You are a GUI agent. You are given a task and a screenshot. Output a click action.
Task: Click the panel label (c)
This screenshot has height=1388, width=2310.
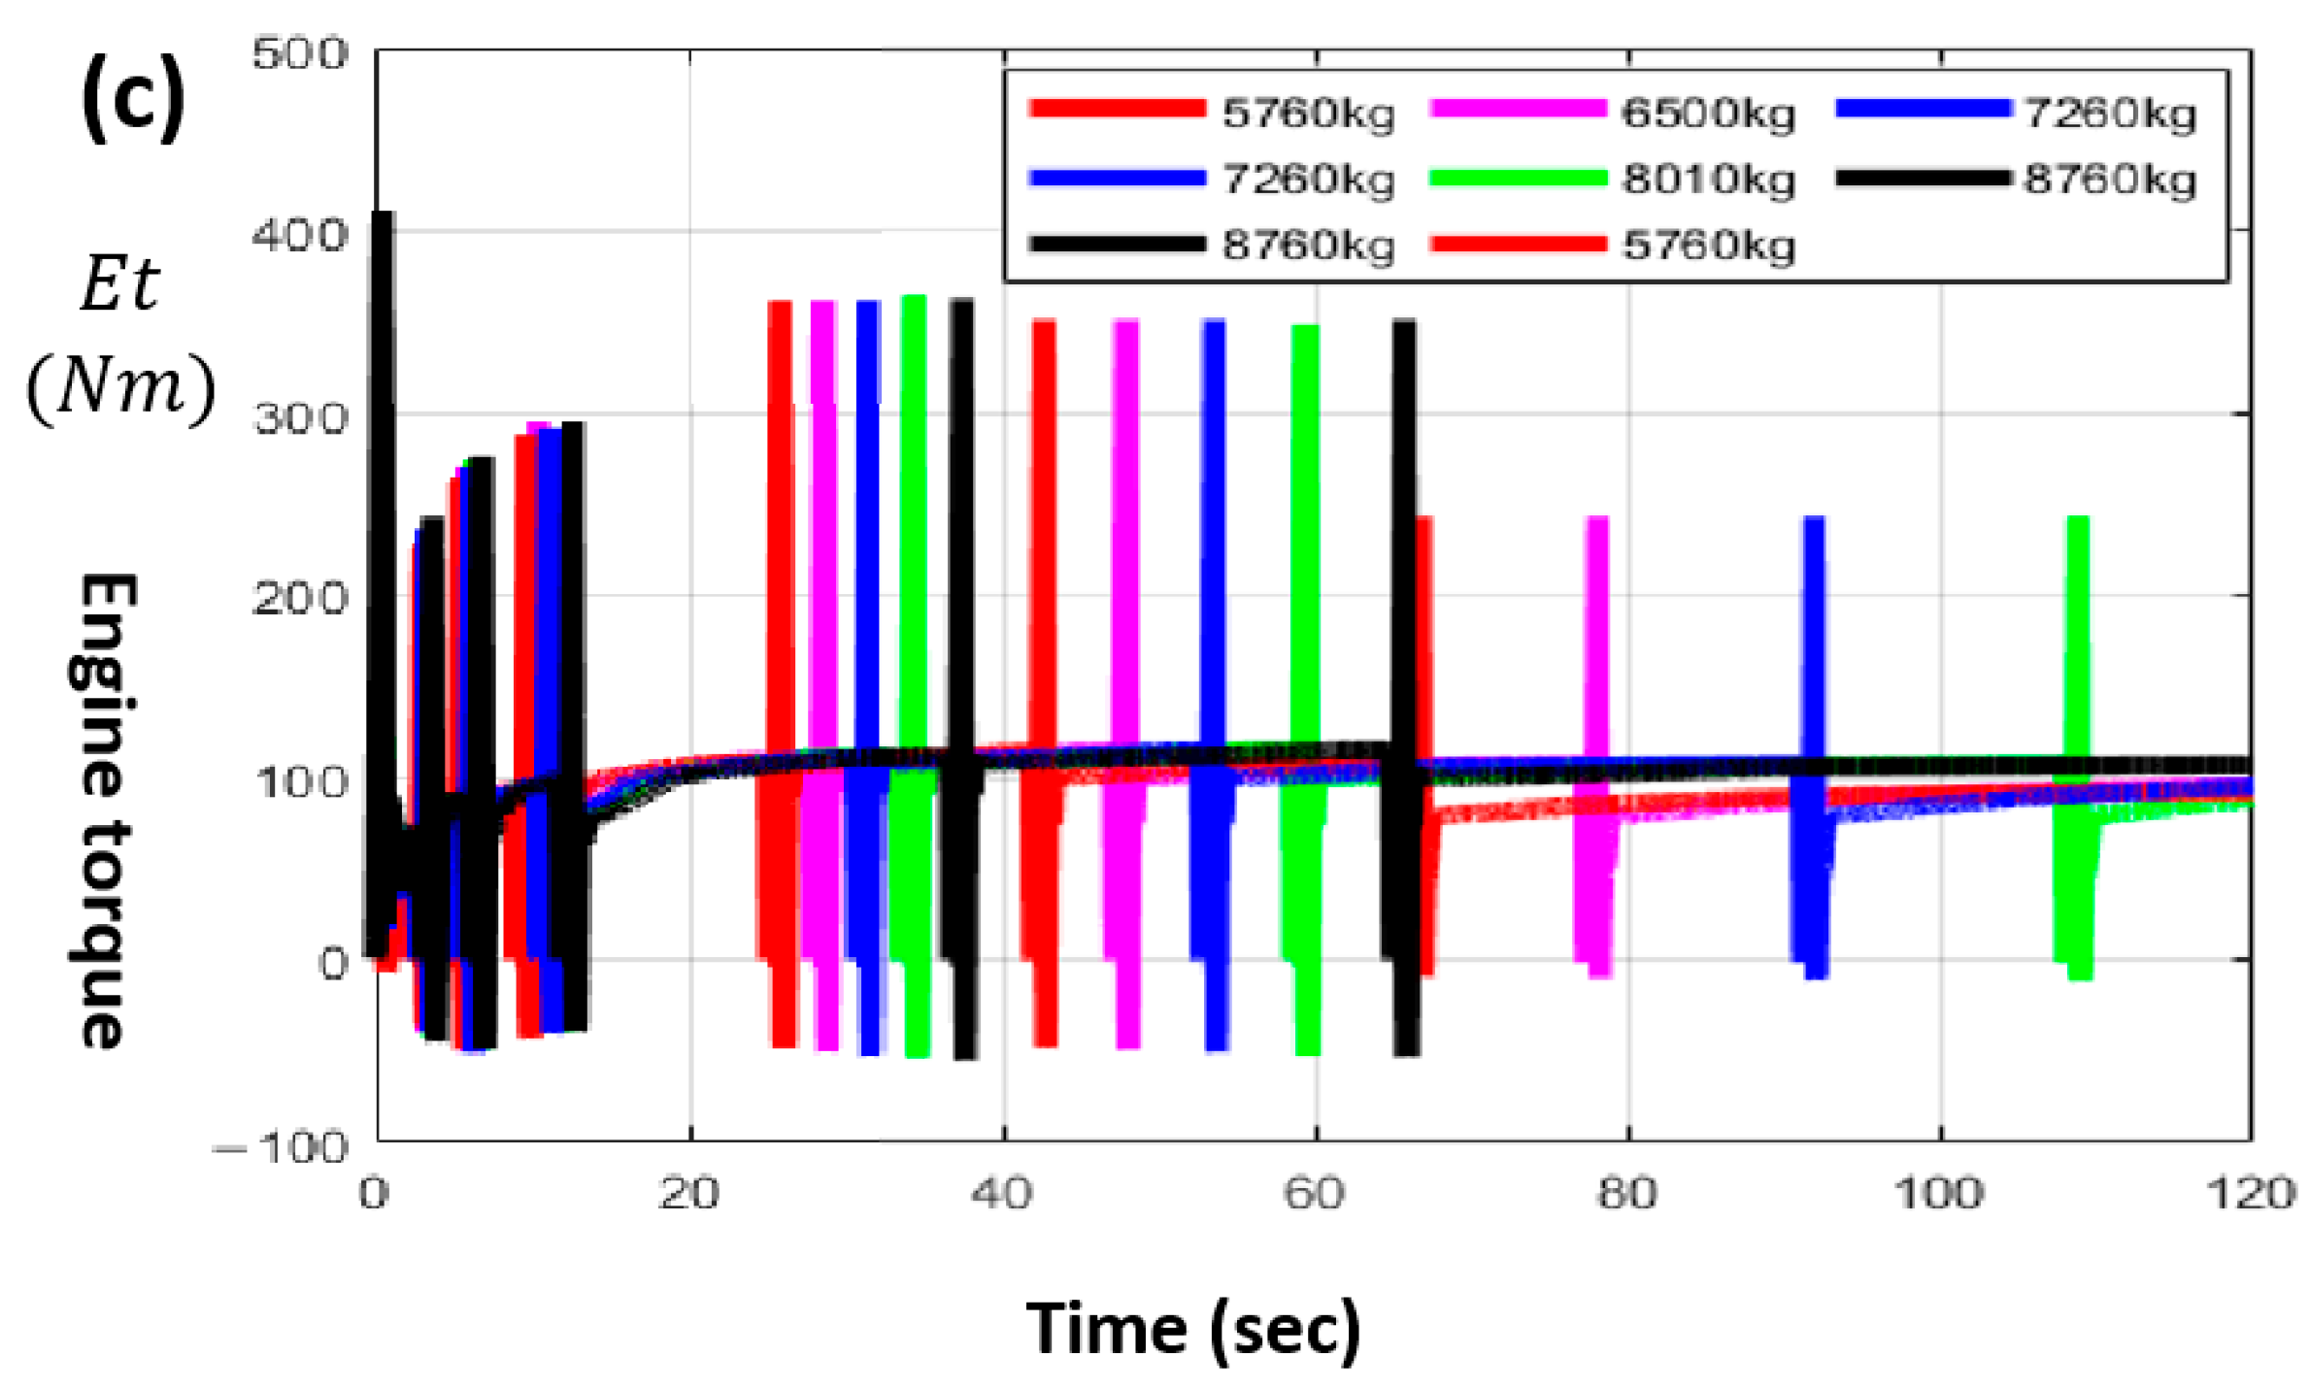pyautogui.click(x=132, y=99)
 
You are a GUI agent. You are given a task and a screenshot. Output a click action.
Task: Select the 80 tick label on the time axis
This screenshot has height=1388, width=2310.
pyautogui.click(x=1627, y=1193)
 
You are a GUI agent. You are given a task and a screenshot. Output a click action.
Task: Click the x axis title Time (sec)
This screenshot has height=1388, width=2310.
pyautogui.click(x=1193, y=1329)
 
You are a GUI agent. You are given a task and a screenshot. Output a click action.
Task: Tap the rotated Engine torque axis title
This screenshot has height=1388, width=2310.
pyautogui.click(x=105, y=810)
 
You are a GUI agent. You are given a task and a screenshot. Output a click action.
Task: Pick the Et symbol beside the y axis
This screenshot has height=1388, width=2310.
pyautogui.click(x=118, y=284)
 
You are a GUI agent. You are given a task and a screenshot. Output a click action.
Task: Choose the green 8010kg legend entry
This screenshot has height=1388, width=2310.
pyautogui.click(x=1612, y=180)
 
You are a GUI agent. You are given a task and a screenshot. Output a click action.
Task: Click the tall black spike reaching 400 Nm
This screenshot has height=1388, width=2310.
pyautogui.click(x=384, y=388)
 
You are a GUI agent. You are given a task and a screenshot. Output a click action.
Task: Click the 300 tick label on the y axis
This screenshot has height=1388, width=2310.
pyautogui.click(x=299, y=418)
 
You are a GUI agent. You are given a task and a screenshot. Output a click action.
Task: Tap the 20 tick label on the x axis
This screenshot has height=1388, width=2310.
pyautogui.click(x=688, y=1193)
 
